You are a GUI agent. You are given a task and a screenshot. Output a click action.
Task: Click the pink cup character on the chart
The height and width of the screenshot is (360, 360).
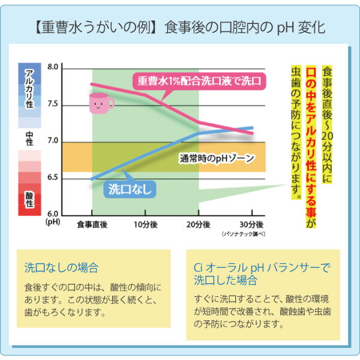coord(100,103)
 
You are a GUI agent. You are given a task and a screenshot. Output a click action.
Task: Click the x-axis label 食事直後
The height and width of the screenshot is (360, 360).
coord(92,224)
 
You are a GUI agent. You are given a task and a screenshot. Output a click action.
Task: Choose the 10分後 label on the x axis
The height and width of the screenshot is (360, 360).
coord(145,224)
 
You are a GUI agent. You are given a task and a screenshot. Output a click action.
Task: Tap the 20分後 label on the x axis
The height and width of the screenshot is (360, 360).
coord(198,224)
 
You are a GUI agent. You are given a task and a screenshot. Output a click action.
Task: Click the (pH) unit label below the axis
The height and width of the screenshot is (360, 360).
coord(53,222)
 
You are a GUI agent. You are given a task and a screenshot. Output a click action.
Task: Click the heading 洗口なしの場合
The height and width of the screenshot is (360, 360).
coord(61,268)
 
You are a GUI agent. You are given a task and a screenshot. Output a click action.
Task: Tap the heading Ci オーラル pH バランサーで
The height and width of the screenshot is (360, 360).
coord(262,268)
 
